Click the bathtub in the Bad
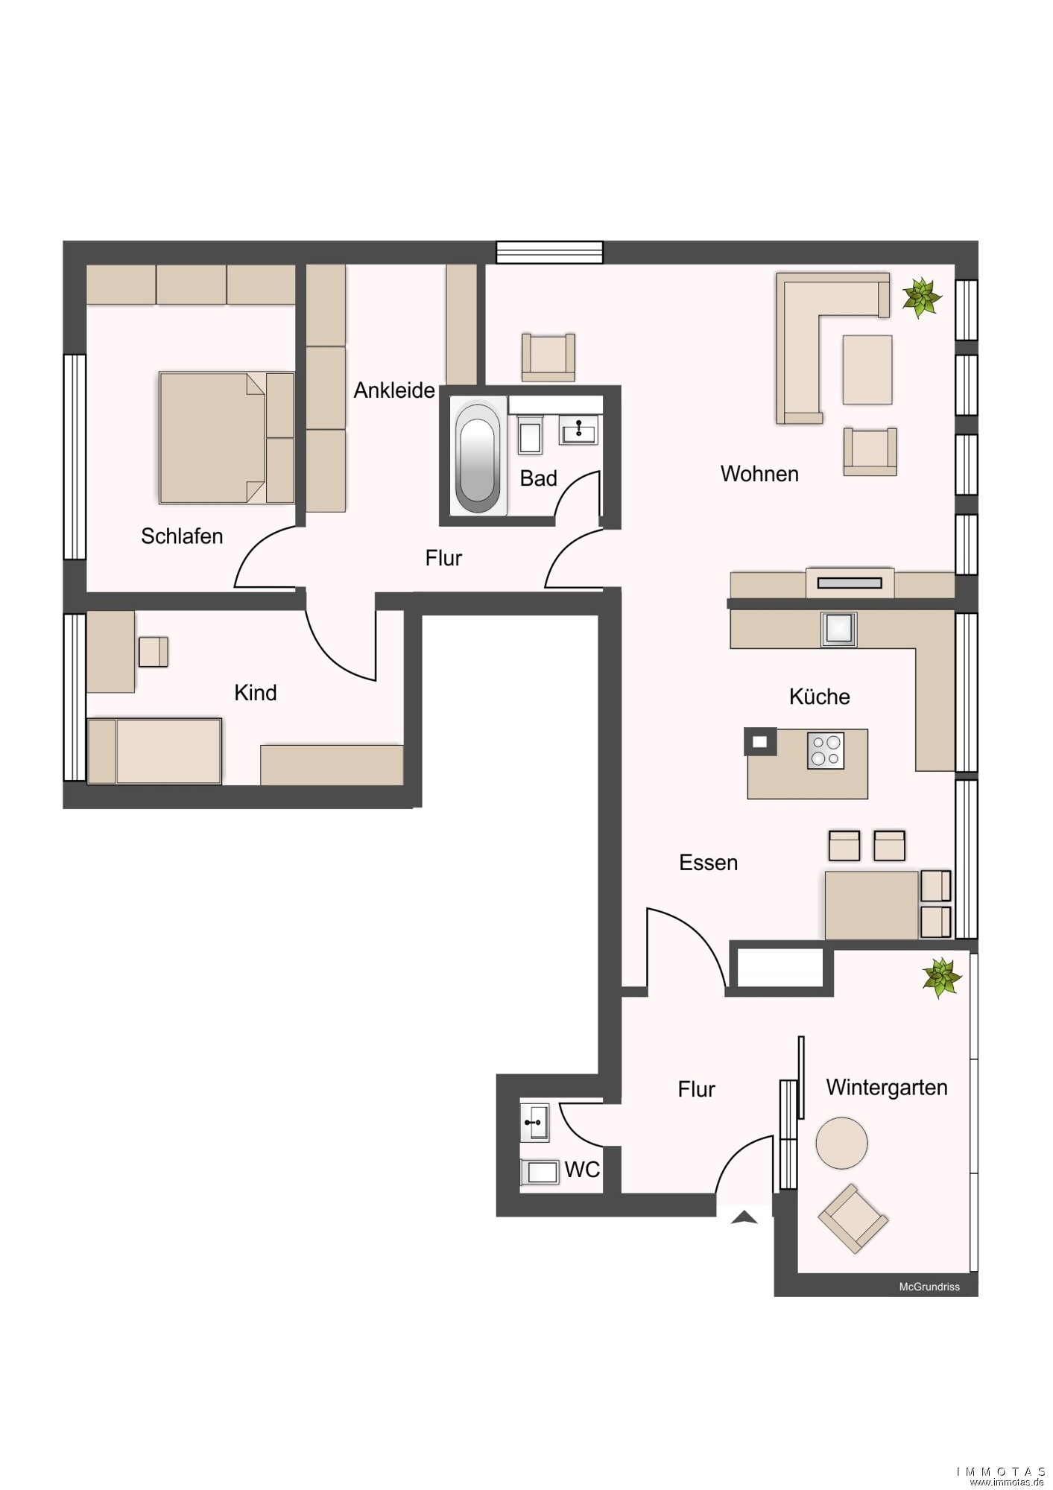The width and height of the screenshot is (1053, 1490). coord(478,457)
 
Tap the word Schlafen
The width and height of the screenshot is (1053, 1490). coord(182,536)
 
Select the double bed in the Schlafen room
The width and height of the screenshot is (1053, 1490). coord(227,437)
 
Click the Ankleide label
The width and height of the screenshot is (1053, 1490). coord(394,390)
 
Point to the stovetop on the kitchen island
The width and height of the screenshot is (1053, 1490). coord(826,750)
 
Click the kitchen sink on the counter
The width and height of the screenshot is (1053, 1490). coord(839,630)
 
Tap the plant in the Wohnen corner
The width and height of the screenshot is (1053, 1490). coord(922,297)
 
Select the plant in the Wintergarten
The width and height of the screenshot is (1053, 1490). coord(941,977)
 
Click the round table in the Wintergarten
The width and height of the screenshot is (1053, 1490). coord(842,1143)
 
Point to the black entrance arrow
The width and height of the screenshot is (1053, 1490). coord(744,1217)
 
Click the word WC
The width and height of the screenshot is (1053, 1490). coord(582,1170)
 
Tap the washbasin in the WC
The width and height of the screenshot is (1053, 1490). coord(535,1123)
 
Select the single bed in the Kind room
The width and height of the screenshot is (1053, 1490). coord(154,751)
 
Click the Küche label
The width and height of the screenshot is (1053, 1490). coord(820,697)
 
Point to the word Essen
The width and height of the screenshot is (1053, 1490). coord(709,863)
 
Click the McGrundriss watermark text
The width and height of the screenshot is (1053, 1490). coord(929,1287)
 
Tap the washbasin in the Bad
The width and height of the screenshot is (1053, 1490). coord(579,430)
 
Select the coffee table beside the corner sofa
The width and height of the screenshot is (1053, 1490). coord(867,370)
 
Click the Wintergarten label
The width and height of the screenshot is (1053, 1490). coord(887,1088)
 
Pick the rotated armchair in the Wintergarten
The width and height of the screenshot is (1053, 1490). coord(853,1218)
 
